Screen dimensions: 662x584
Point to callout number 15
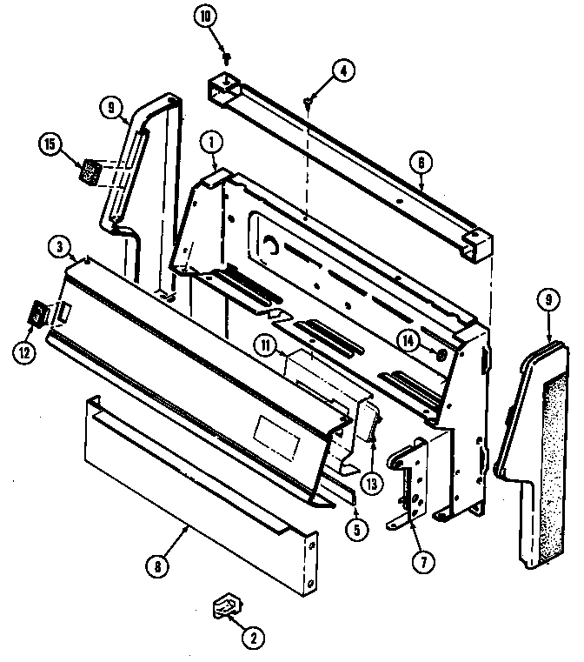click(50, 144)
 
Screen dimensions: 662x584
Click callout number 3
click(58, 248)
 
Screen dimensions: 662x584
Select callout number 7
click(422, 562)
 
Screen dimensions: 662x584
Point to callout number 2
click(253, 639)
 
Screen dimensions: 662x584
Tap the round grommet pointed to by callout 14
click(440, 355)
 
